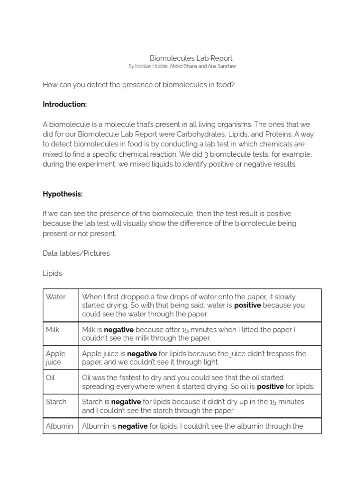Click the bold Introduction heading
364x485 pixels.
pyautogui.click(x=64, y=104)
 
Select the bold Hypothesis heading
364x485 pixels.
pyautogui.click(x=63, y=194)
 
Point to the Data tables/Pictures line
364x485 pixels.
pyautogui.click(x=76, y=253)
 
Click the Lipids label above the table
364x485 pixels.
pyautogui.click(x=52, y=273)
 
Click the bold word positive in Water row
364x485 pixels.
pyautogui.click(x=247, y=305)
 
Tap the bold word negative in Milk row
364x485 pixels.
pyautogui.click(x=118, y=330)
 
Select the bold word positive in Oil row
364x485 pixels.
pyautogui.click(x=271, y=386)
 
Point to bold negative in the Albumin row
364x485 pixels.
pyautogui.click(x=132, y=426)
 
